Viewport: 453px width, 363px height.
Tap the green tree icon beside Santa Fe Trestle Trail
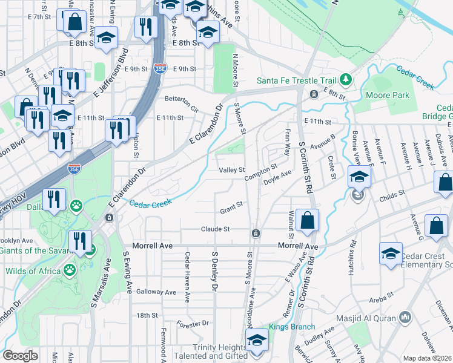click(x=345, y=80)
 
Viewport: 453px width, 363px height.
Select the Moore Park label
click(x=388, y=95)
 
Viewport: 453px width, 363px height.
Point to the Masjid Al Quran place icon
click(x=405, y=317)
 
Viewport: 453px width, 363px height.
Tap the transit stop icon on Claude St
click(x=256, y=233)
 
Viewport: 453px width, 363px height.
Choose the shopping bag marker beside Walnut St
click(x=308, y=221)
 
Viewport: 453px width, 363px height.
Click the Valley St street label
click(x=232, y=170)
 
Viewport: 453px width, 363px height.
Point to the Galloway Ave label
click(x=156, y=292)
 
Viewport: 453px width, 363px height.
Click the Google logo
click(x=20, y=356)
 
